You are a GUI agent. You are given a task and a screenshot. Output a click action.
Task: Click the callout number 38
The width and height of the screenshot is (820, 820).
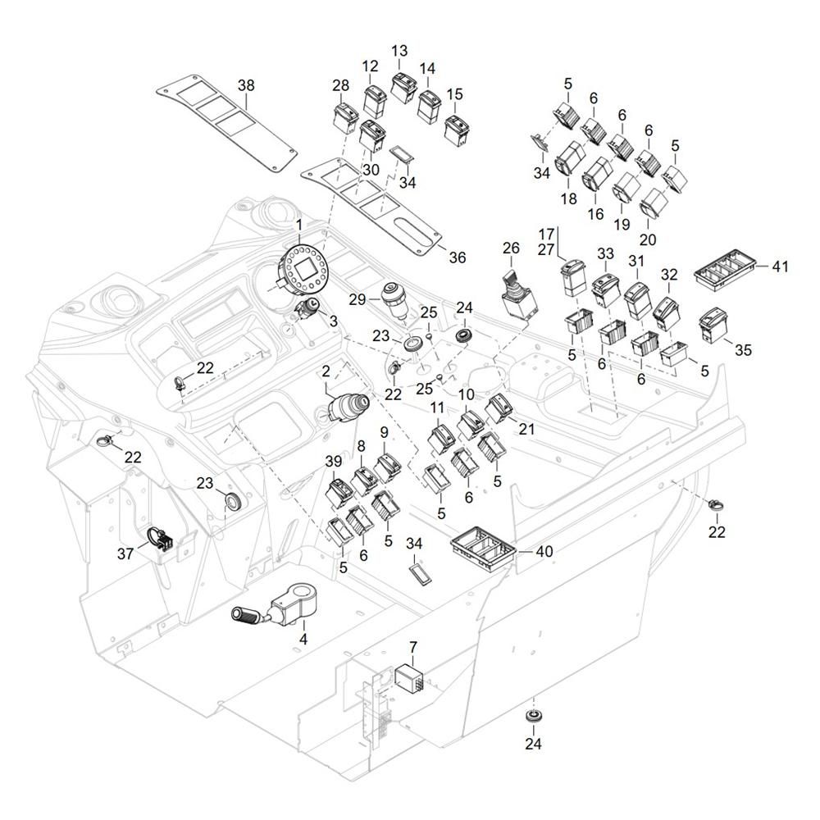pos(246,85)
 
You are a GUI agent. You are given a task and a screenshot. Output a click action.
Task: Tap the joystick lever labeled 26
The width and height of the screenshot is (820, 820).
pos(514,297)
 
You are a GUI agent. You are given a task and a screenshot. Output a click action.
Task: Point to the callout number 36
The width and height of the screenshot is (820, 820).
pos(457,257)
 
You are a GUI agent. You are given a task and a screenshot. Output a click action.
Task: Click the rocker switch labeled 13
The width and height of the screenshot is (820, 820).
pos(404,87)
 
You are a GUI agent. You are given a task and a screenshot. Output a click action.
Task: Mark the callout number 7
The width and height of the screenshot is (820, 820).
pos(412,648)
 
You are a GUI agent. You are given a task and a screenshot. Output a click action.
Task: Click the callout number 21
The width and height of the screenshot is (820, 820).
pos(526,430)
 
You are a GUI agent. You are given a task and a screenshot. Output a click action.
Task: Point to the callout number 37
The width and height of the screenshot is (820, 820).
pos(125,554)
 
